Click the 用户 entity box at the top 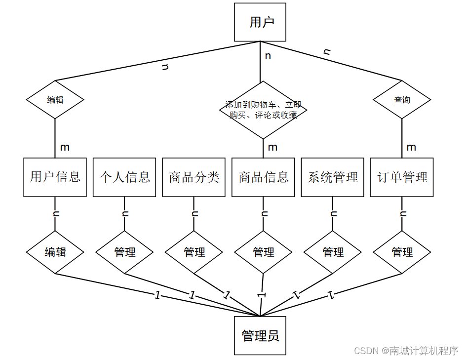click(260, 22)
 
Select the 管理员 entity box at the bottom click(260, 336)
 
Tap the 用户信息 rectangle click(55, 177)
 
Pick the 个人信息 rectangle click(124, 177)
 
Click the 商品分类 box click(194, 177)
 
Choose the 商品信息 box click(264, 177)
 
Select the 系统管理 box click(333, 177)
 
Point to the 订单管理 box click(402, 177)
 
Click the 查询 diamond click(402, 100)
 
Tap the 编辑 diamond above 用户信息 click(55, 100)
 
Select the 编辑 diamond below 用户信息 click(55, 252)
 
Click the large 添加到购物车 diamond click(263, 110)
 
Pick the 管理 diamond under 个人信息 click(124, 252)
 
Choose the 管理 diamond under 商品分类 click(194, 252)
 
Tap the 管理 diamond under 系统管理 click(333, 252)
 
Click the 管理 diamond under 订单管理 click(402, 252)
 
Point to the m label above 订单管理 click(411, 147)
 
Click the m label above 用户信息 click(65, 147)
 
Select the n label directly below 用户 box click(268, 56)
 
